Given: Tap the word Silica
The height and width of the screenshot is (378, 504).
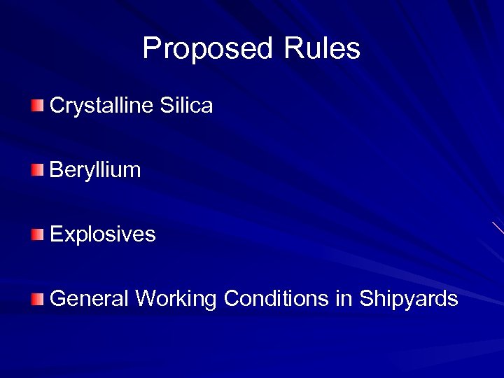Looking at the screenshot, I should coord(187,106).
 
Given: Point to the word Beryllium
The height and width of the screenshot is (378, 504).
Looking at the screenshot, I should coord(96,170).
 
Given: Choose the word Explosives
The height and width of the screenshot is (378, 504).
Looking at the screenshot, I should coord(103,234).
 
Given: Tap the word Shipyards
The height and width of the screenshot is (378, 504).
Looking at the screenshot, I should coord(409,300).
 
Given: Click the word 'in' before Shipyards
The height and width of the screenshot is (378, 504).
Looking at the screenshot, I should coord(344,299).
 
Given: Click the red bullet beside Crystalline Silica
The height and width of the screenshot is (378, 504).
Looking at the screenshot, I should coord(37,106).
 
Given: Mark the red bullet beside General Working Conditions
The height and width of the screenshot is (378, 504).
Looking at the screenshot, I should coord(37,300).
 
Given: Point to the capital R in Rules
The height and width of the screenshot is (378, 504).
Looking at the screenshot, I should coord(294,48).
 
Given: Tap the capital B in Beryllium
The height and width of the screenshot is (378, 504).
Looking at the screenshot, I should coord(56,169).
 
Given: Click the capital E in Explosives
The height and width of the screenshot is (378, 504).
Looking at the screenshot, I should coord(56,234).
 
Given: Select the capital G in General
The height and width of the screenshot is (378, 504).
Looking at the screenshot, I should coord(58,299).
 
